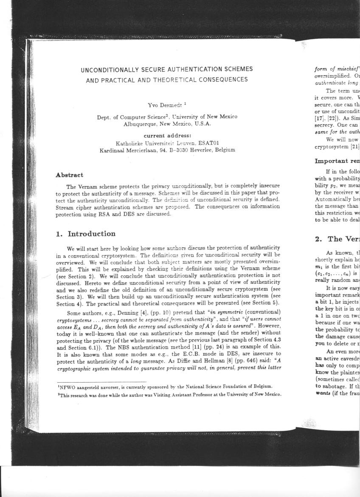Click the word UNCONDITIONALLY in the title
tap(108, 69)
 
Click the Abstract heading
tap(70, 175)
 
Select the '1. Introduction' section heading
tap(86, 234)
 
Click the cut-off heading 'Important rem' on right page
tap(337, 161)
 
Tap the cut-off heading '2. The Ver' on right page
tap(337, 239)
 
